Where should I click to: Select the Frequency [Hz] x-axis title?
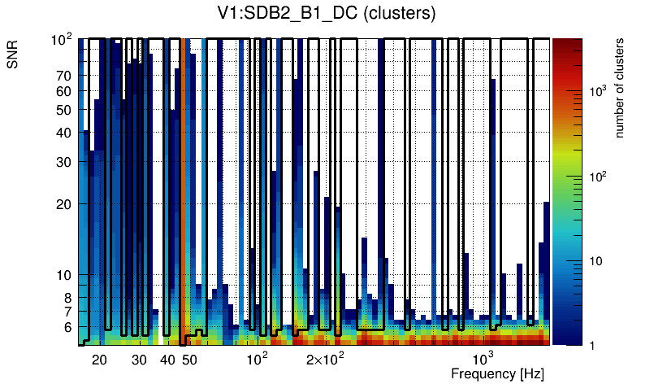coord(497,373)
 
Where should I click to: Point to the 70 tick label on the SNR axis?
coord(64,76)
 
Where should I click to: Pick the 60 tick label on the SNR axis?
coord(64,92)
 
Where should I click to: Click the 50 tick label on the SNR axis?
coord(64,111)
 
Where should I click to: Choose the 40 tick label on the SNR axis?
coord(64,133)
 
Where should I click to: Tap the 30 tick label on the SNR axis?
coord(64,162)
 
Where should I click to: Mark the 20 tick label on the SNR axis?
coord(64,203)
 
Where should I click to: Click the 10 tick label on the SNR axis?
coord(64,275)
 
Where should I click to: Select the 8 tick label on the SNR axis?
coord(67,298)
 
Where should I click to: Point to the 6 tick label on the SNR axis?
coord(67,327)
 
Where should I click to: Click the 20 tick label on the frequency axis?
coord(99,360)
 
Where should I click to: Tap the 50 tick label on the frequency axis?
coord(188,360)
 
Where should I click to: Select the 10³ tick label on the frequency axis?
coord(484,359)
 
